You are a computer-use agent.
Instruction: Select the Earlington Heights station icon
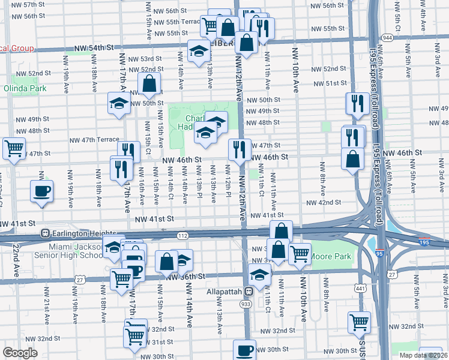44,233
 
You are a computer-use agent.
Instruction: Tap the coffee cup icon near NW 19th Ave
41,191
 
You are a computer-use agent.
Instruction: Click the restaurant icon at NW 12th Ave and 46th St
240,150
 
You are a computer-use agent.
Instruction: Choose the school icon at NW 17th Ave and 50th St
119,104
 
